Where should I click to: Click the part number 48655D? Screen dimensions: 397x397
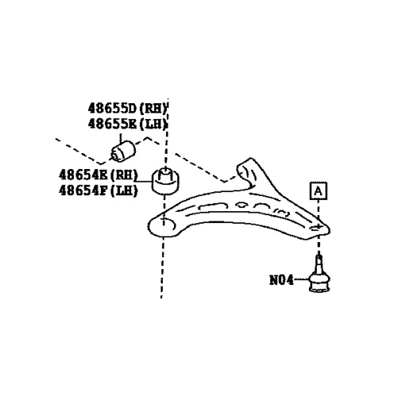coord(112,108)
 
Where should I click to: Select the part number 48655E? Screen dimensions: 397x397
coord(112,124)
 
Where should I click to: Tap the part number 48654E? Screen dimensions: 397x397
coord(83,175)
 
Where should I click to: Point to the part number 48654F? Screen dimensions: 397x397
coord(83,190)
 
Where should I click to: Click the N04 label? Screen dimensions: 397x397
coord(281,280)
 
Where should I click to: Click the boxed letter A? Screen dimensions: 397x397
coord(318,191)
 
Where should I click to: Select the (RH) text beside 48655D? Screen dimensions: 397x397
coord(153,109)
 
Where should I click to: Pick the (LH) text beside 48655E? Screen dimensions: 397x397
coord(153,124)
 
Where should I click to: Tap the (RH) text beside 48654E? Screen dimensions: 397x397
coord(124,175)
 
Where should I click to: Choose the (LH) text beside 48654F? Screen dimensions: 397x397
coord(124,191)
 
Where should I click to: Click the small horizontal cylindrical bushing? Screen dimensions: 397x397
coord(123,151)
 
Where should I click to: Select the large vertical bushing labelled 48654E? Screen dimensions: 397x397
coord(165,182)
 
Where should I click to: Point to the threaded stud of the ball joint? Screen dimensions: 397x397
coord(319,264)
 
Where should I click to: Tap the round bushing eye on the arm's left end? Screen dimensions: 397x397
coord(162,226)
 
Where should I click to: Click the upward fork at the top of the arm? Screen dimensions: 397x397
coord(248,172)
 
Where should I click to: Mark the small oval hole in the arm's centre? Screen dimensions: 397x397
coord(241,205)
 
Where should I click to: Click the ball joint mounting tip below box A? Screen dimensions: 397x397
coord(319,228)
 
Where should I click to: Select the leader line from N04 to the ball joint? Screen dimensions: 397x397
coord(302,279)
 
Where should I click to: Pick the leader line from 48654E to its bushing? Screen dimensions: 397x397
coord(145,182)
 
